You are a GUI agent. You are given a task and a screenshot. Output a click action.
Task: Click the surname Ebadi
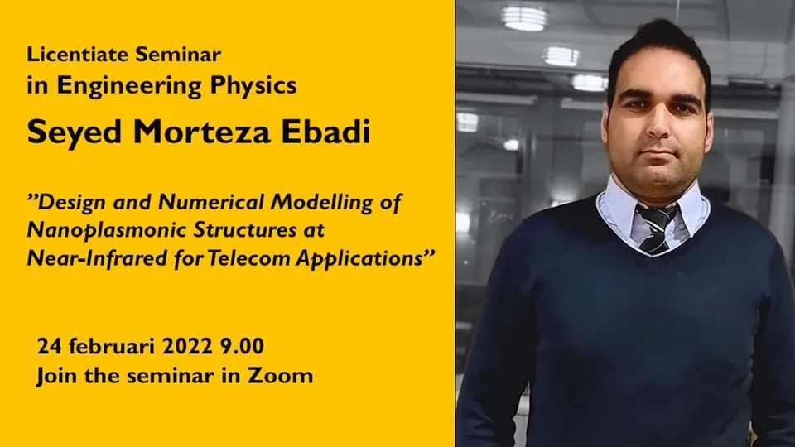tap(325, 132)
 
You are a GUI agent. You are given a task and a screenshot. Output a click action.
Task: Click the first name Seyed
tap(75, 132)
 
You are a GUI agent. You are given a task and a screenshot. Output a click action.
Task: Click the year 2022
tap(187, 346)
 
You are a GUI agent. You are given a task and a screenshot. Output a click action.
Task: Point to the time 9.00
tap(242, 346)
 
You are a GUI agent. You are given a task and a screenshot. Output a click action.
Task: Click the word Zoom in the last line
tap(280, 376)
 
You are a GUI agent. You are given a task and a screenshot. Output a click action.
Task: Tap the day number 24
tap(49, 346)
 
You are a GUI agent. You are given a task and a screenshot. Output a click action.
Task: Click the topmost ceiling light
tap(524, 18)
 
